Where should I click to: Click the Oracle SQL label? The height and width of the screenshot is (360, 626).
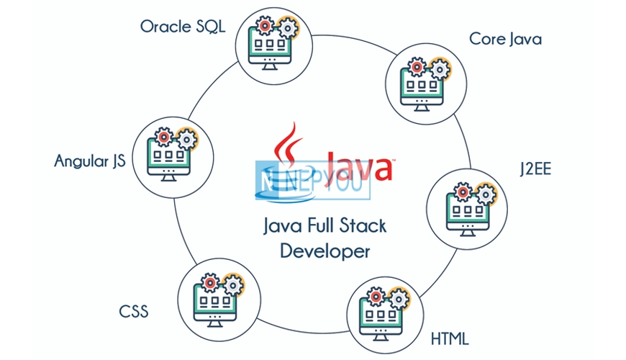tap(183, 27)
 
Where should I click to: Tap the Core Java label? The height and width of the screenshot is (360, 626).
tap(505, 40)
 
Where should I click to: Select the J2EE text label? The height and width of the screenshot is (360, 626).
tap(535, 169)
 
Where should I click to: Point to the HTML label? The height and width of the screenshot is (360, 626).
tap(450, 339)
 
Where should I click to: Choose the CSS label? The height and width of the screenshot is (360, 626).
tap(134, 312)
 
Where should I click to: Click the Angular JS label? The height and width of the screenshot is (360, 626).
tap(90, 161)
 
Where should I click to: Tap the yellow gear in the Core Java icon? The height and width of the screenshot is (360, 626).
tap(440, 70)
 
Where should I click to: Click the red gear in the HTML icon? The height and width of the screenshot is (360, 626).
tap(376, 297)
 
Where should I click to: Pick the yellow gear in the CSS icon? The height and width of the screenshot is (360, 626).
tap(233, 285)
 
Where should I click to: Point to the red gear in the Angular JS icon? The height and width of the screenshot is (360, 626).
tap(163, 137)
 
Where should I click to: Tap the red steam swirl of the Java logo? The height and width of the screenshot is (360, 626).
tap(289, 144)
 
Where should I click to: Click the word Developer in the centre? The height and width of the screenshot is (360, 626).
tap(325, 251)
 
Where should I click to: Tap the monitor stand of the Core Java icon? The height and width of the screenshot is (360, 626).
tap(422, 108)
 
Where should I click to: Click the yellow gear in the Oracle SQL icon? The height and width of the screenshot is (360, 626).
tap(288, 28)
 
